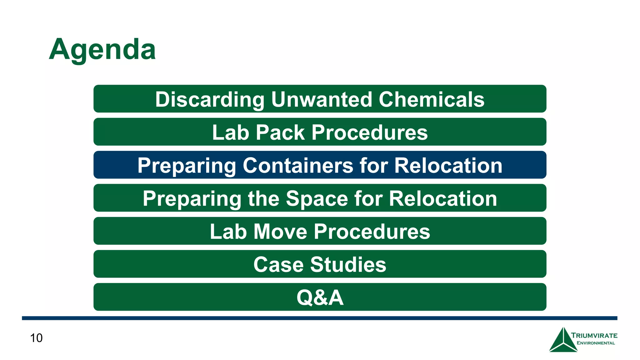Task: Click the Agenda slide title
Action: coord(102,49)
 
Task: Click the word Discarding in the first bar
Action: coord(210,99)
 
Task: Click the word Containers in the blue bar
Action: coord(298,165)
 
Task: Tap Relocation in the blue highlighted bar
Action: coord(448,165)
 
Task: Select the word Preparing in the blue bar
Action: coord(187,166)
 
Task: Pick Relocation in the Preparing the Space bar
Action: coord(443,198)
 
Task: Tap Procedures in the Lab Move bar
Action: coord(372,232)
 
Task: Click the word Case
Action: coord(278,265)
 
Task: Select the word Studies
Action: coord(348,265)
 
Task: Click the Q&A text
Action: coord(320,297)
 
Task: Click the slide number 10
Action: coord(36,338)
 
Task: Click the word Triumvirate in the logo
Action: coord(594,336)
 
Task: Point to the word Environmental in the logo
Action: coord(596,343)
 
